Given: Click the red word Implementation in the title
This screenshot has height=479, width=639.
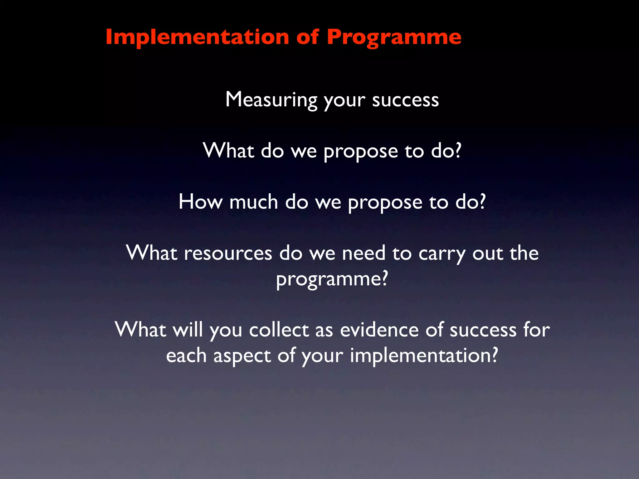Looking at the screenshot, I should tap(197, 37).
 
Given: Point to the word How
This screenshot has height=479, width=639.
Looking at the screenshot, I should tap(201, 202).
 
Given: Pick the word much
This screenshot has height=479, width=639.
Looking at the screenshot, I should tap(253, 202).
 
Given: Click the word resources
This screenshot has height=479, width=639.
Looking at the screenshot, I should tap(228, 253).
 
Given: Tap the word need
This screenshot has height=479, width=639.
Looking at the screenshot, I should tap(363, 253).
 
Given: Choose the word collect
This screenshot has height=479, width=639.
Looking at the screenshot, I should tap(279, 330).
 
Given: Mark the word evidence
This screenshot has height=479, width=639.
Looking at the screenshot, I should tap(379, 330).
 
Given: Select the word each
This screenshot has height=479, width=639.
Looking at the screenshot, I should tap(186, 356).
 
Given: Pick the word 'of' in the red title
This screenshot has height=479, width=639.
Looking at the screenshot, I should tap(308, 37).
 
